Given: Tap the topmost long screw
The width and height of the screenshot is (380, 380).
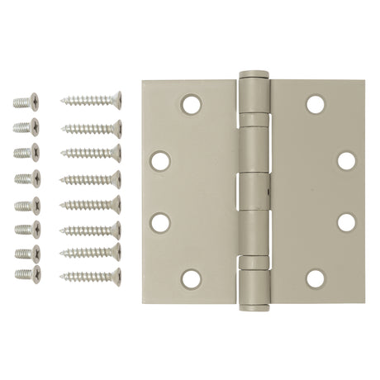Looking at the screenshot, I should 92,101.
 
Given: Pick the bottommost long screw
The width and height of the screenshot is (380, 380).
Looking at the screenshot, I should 92,275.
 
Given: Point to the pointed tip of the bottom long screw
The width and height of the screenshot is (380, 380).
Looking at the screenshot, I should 63,276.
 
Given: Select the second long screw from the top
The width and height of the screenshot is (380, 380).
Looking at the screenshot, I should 92,128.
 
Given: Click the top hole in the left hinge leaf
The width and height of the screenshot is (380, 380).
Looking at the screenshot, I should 191,105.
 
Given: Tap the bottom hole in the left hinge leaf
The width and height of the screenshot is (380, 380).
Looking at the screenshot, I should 191,278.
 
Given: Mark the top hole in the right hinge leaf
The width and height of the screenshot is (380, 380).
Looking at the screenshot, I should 315,104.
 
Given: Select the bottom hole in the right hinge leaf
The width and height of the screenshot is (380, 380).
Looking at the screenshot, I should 315,278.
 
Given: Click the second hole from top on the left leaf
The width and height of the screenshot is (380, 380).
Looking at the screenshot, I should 161,160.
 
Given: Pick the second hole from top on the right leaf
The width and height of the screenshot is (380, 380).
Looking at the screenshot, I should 346,160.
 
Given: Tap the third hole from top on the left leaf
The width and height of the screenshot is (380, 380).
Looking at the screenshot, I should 161,222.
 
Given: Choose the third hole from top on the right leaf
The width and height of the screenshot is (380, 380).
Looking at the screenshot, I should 346,222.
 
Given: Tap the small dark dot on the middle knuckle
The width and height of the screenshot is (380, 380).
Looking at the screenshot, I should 266,188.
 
